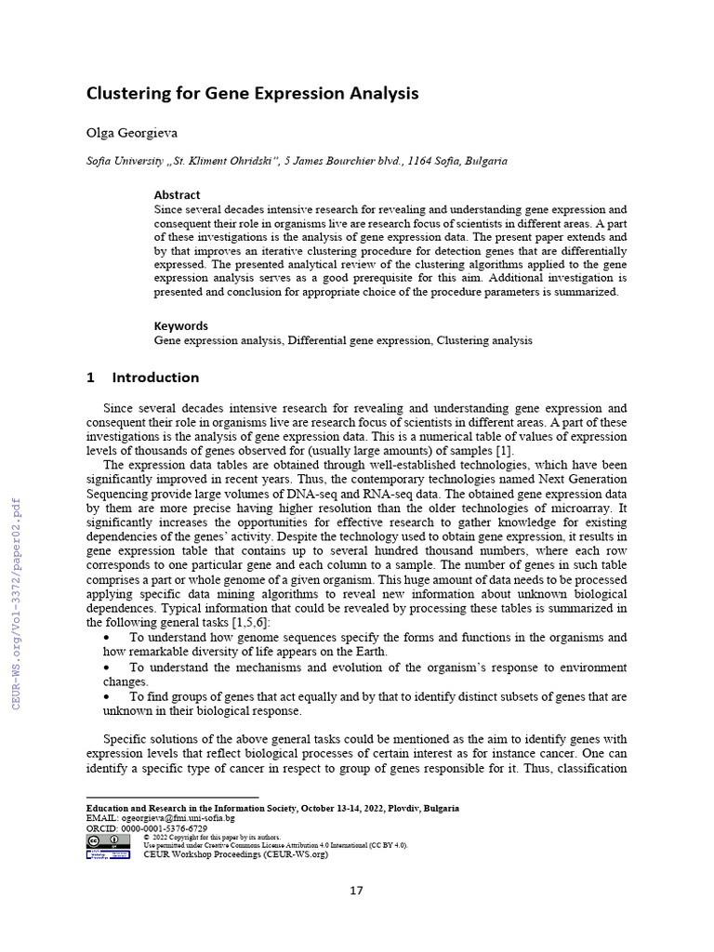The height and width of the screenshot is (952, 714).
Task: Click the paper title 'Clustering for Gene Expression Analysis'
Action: (252, 94)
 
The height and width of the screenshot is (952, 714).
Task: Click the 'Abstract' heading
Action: (177, 195)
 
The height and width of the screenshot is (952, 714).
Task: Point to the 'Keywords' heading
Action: (180, 326)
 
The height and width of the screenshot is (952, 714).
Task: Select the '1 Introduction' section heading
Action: (142, 377)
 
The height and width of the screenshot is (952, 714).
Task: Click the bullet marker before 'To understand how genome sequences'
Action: (109, 638)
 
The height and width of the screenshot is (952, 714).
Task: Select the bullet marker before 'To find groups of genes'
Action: (109, 696)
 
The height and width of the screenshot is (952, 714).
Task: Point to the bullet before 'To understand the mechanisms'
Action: (109, 668)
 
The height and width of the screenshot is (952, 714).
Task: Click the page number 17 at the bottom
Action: (357, 891)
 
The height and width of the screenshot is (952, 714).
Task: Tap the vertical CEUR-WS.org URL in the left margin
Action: (15, 604)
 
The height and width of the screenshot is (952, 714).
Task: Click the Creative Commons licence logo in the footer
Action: (108, 840)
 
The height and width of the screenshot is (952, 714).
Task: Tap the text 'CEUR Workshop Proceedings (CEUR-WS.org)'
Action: (235, 854)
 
